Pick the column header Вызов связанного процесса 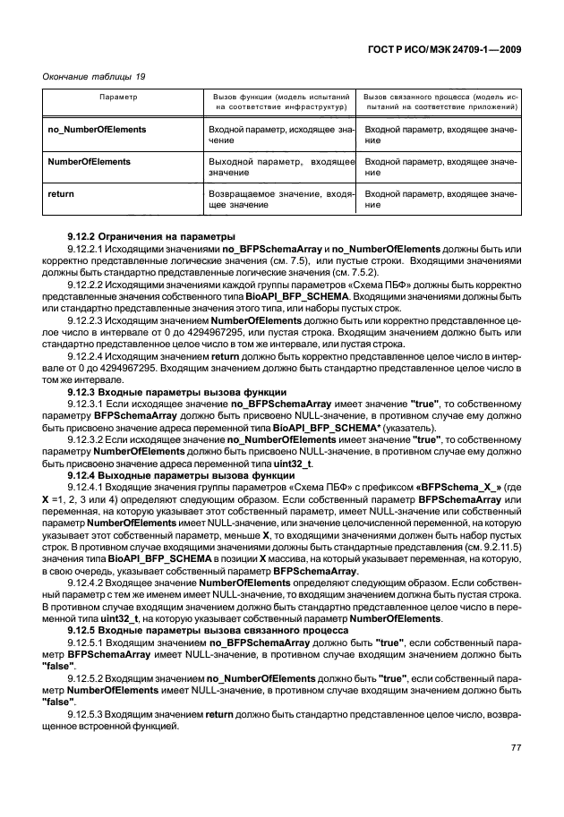(441, 99)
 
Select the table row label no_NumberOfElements (97, 130)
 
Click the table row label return (60, 193)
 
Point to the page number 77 (516, 747)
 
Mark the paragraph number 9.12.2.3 (90, 319)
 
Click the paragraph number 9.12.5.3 (90, 715)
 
